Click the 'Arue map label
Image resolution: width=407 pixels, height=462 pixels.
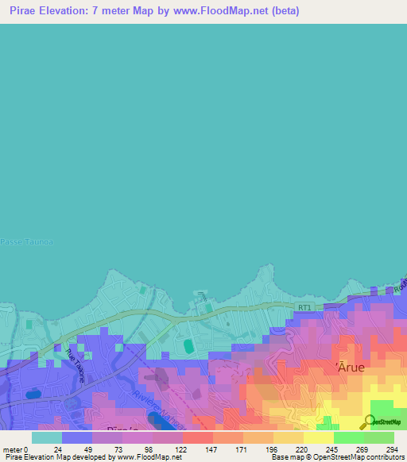tap(347, 366)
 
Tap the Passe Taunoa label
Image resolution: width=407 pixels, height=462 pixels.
tap(22, 241)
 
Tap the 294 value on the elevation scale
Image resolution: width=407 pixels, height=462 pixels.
tap(389, 449)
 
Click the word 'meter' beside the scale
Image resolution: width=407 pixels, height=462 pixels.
tap(13, 449)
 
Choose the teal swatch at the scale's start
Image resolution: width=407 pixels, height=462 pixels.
tap(46, 437)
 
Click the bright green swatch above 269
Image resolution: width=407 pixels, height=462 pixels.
tap(348, 437)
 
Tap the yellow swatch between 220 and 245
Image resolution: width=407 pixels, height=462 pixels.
tap(318, 437)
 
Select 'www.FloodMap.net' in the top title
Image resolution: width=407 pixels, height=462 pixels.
tap(218, 12)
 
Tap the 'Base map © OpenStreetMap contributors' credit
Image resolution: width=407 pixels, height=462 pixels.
tap(335, 457)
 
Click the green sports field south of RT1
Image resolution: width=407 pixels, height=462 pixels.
tap(188, 347)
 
